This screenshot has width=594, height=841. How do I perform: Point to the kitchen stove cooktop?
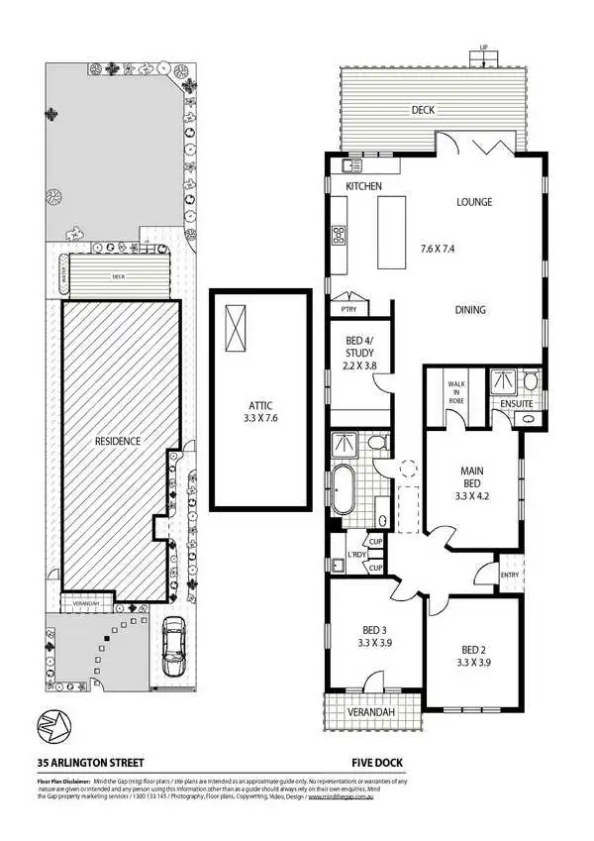coord(338,236)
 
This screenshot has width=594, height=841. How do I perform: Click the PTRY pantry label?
coord(347,308)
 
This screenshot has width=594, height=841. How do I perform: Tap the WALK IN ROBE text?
coord(456,387)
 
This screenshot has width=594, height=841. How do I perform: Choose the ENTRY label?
coord(510,574)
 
